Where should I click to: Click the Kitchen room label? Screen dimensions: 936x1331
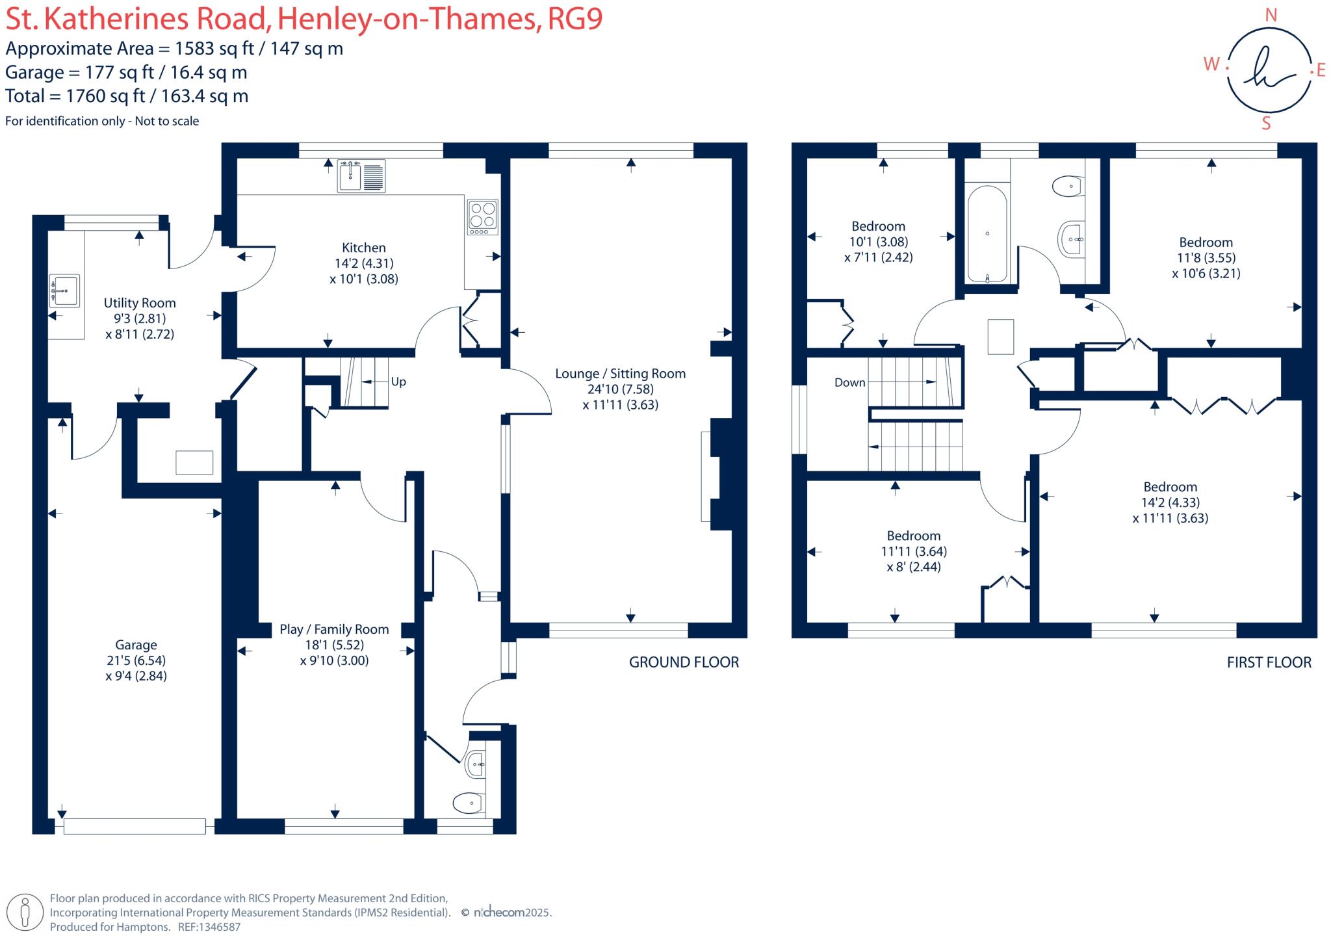click(x=363, y=248)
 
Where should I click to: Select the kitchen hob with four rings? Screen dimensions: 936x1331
click(x=482, y=216)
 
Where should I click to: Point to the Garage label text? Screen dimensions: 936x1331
click(x=136, y=645)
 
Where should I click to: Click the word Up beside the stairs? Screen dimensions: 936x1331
click(x=398, y=382)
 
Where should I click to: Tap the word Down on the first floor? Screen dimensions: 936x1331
click(x=849, y=383)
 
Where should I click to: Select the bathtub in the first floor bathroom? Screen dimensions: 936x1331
click(x=987, y=234)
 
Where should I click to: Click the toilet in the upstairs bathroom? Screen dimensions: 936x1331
click(x=1067, y=187)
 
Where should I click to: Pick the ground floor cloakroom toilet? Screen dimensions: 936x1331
click(x=469, y=803)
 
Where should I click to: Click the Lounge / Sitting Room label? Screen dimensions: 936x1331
click(x=620, y=374)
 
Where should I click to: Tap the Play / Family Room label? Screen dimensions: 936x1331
click(x=334, y=629)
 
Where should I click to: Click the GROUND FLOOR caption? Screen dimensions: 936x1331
click(x=684, y=662)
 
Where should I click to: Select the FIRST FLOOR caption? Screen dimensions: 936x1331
click(x=1269, y=662)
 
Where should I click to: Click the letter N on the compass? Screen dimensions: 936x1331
click(x=1271, y=16)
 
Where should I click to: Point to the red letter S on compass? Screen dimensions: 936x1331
click(x=1266, y=123)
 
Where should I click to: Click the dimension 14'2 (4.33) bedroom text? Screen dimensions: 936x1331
click(x=1170, y=502)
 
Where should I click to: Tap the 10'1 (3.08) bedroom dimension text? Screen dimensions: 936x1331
click(x=878, y=242)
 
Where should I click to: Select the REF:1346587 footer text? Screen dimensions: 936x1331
click(x=209, y=927)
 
